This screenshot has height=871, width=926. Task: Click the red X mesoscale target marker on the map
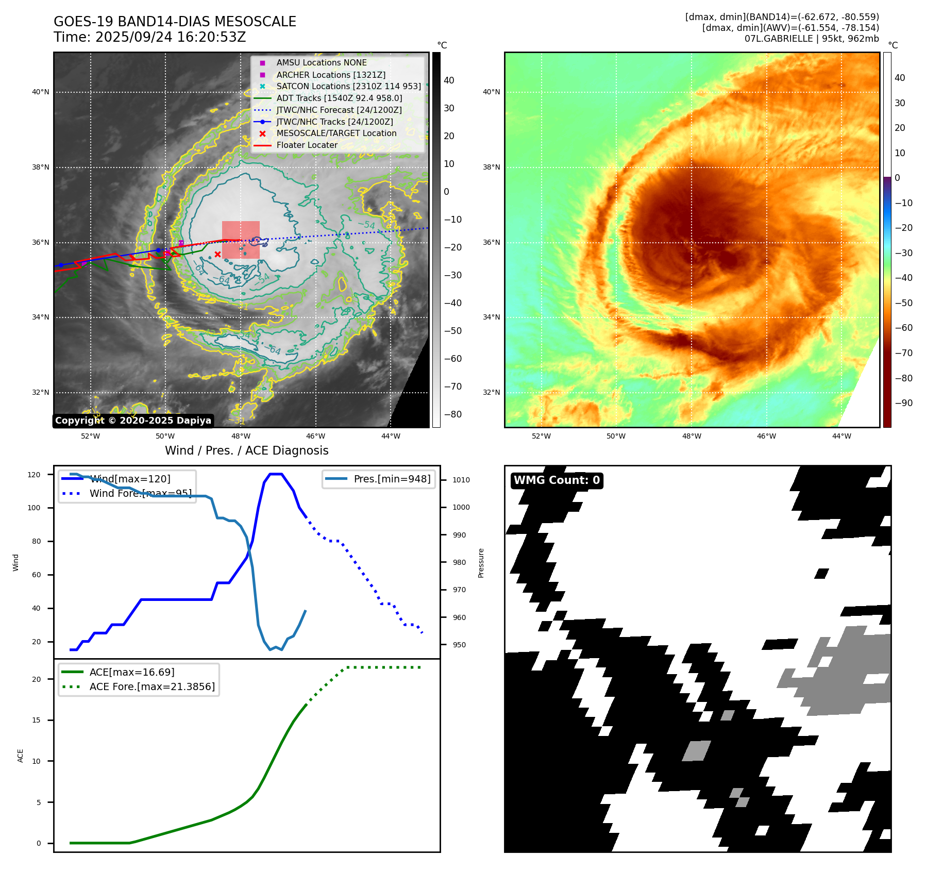(x=217, y=254)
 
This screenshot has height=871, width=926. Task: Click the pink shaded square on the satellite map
(x=241, y=240)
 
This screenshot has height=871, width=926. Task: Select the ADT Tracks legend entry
(x=339, y=98)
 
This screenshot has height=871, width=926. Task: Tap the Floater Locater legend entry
(x=307, y=145)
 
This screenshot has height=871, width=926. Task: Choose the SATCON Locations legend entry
(x=348, y=86)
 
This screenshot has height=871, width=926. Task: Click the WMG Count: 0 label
(x=557, y=480)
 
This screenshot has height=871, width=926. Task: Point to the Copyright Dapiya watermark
(x=133, y=421)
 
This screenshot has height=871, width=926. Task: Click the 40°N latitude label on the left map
(x=41, y=92)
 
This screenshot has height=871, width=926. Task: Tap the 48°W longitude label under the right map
(x=692, y=436)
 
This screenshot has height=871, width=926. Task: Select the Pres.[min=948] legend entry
(x=392, y=479)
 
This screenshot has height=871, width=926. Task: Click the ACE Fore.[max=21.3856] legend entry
(x=152, y=686)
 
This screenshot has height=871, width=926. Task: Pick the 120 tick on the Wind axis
(x=34, y=475)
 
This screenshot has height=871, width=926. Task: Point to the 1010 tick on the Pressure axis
(x=461, y=480)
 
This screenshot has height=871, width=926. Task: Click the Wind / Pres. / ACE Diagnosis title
(x=246, y=450)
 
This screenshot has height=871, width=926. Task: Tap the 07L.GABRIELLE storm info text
(x=812, y=39)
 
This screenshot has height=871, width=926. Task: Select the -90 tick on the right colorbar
(x=903, y=403)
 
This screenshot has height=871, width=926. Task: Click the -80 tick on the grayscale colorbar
(x=453, y=414)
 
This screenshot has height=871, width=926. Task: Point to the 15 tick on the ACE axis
(x=36, y=720)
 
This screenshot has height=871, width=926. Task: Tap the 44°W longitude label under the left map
(x=391, y=436)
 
